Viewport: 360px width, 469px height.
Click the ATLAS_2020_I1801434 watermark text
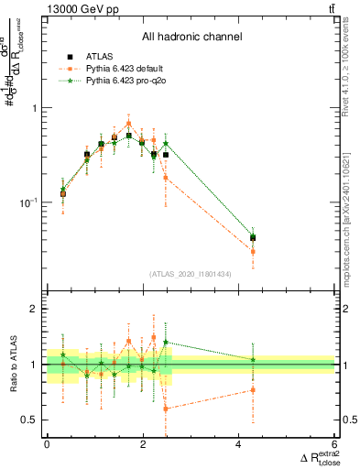tap(191, 273)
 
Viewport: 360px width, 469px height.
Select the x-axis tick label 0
tap(47, 444)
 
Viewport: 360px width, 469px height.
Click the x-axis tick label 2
tap(142, 444)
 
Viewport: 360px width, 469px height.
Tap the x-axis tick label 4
tap(238, 444)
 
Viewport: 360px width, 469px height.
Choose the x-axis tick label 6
tap(334, 444)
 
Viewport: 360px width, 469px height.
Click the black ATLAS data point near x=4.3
tap(253, 237)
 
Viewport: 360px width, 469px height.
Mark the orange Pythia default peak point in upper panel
tap(129, 123)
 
